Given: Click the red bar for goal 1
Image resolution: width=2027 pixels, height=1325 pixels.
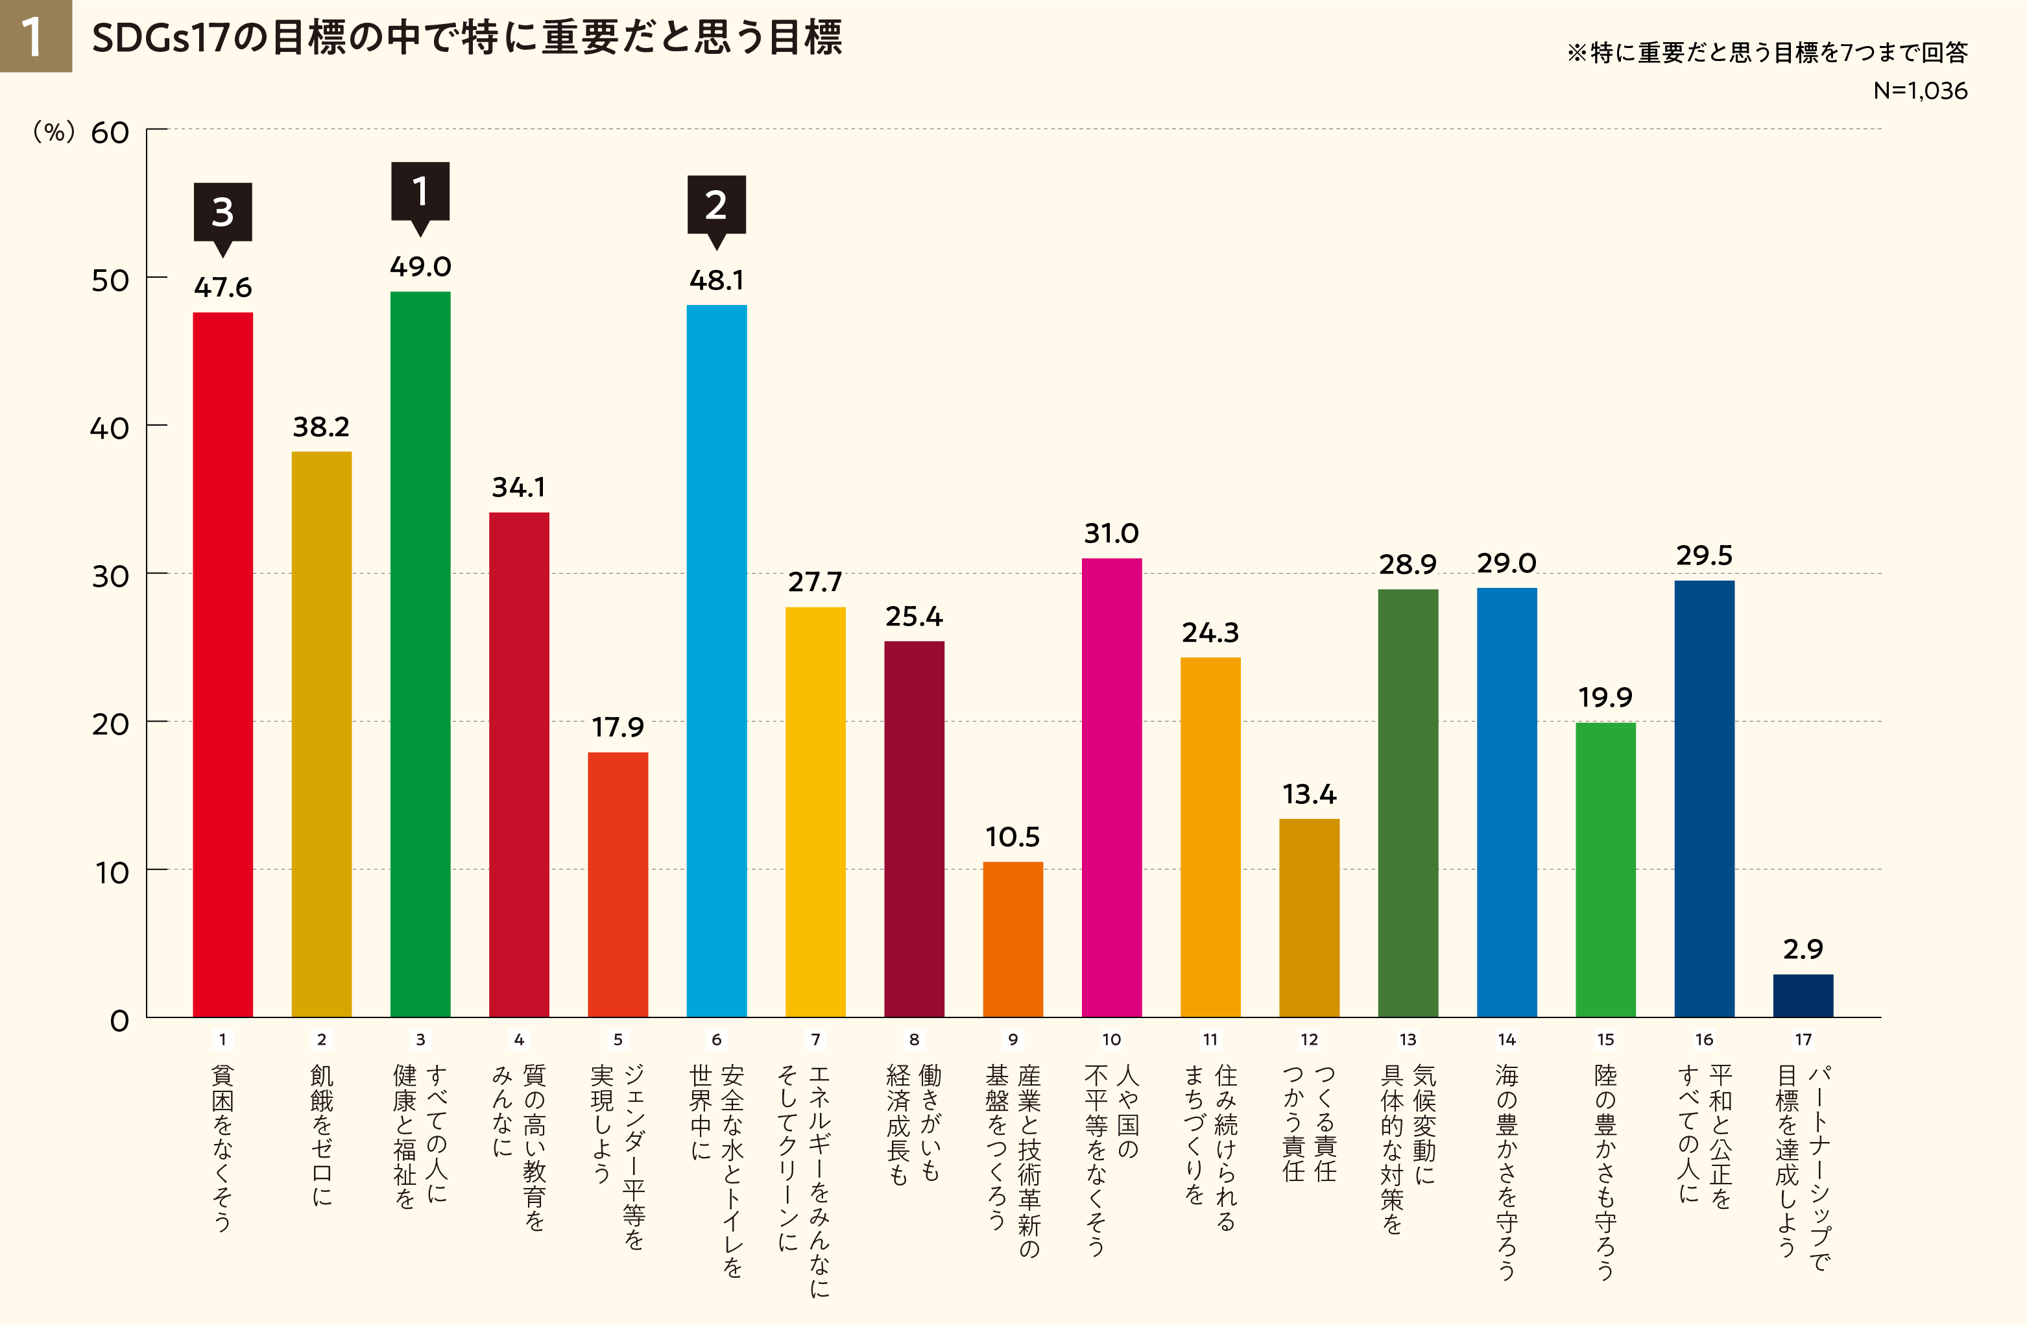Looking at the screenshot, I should pyautogui.click(x=222, y=664).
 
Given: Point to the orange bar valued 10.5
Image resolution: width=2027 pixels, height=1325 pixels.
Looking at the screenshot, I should pyautogui.click(x=1013, y=939).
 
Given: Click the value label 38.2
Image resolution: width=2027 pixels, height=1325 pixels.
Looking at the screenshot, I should pyautogui.click(x=321, y=427).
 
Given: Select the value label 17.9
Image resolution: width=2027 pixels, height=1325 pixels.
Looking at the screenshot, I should pyautogui.click(x=618, y=727).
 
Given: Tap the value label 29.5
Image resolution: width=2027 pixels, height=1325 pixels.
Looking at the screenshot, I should pyautogui.click(x=1704, y=555).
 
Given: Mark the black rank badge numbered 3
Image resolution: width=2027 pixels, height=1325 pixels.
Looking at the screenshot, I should pyautogui.click(x=222, y=212).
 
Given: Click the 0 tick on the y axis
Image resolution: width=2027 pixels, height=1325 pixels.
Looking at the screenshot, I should pyautogui.click(x=119, y=1021).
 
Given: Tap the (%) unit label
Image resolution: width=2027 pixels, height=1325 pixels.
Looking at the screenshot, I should pyautogui.click(x=54, y=132).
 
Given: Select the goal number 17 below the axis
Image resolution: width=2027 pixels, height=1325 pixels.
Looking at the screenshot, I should pyautogui.click(x=1803, y=1039).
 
